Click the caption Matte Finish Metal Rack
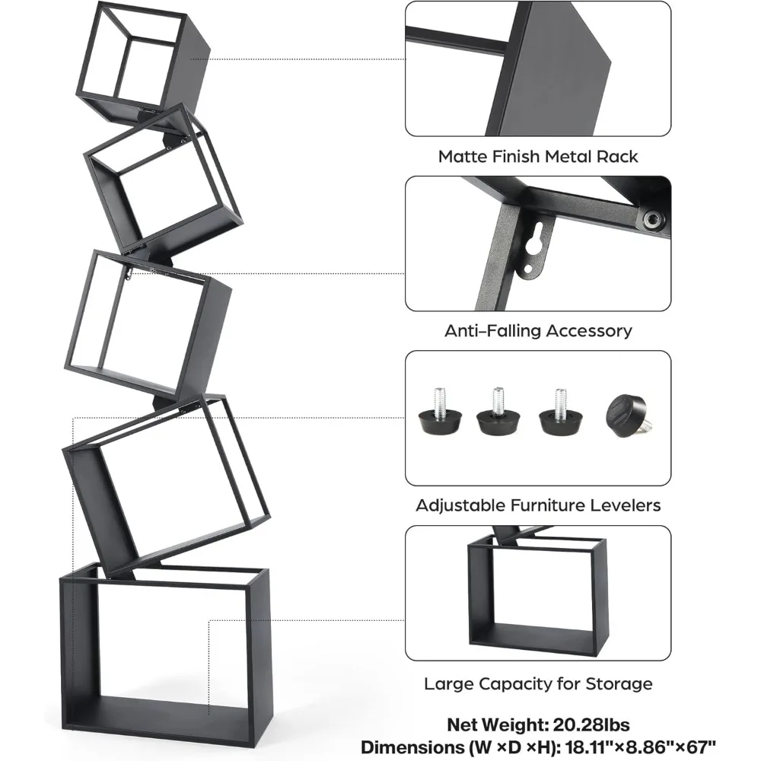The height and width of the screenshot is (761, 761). (x=538, y=157)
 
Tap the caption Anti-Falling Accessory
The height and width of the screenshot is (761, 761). (x=538, y=331)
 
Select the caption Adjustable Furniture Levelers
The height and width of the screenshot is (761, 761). (x=538, y=505)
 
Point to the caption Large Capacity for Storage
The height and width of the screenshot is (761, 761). (x=538, y=684)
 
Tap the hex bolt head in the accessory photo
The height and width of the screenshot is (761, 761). (x=651, y=221)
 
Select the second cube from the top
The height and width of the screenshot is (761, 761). (x=164, y=183)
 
